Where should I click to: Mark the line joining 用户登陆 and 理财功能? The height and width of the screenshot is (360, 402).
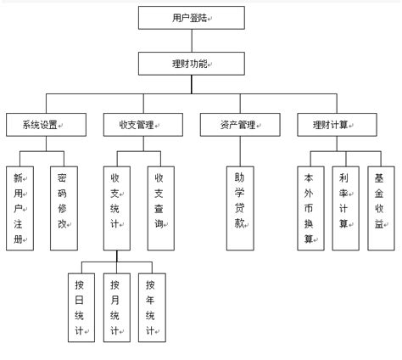coord(192,41)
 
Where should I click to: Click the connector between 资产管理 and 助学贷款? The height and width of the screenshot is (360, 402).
coord(238,150)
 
